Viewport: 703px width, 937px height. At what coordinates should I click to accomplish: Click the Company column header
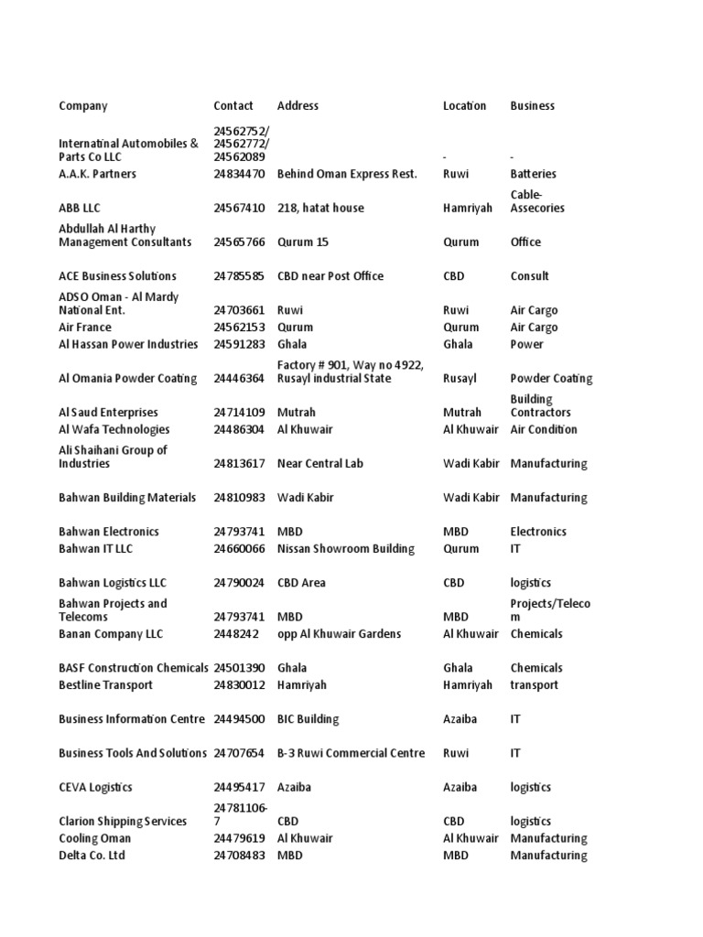[x=83, y=106]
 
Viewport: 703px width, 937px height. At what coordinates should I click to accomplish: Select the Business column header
[x=532, y=106]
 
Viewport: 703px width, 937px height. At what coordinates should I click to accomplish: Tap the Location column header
[x=465, y=106]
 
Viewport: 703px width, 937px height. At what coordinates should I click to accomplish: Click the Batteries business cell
[x=533, y=174]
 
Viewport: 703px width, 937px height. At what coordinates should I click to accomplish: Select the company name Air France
[x=85, y=328]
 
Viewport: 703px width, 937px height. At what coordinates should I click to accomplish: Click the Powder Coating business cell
[x=551, y=379]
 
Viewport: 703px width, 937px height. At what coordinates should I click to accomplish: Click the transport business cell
[x=534, y=685]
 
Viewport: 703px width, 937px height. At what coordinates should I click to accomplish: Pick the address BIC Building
[x=308, y=719]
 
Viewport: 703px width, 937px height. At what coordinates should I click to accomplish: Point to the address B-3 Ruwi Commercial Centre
[x=351, y=753]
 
